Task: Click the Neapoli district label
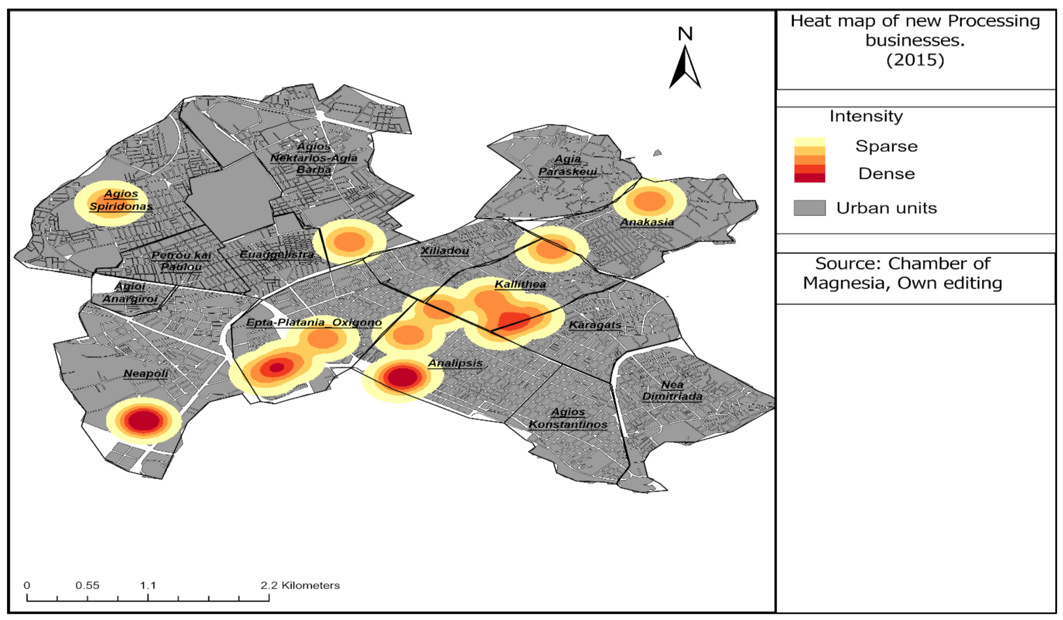(x=146, y=374)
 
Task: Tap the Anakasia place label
(x=647, y=222)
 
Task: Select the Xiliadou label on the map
(x=444, y=251)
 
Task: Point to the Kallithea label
(x=520, y=284)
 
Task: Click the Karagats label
(x=595, y=325)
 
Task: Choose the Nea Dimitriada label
(x=672, y=391)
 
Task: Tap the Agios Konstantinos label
(x=568, y=418)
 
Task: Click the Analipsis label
(x=455, y=363)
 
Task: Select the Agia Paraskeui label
(x=568, y=165)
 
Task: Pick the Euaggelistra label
(x=277, y=255)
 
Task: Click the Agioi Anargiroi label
(x=130, y=292)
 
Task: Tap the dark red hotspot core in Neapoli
(x=143, y=421)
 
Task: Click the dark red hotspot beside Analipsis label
(x=402, y=377)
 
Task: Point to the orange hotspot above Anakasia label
(x=649, y=201)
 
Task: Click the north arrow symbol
(x=684, y=66)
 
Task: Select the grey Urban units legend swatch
(x=810, y=208)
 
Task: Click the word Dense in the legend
(x=886, y=174)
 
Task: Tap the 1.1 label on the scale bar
(x=148, y=585)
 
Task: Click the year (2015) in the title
(x=915, y=60)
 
